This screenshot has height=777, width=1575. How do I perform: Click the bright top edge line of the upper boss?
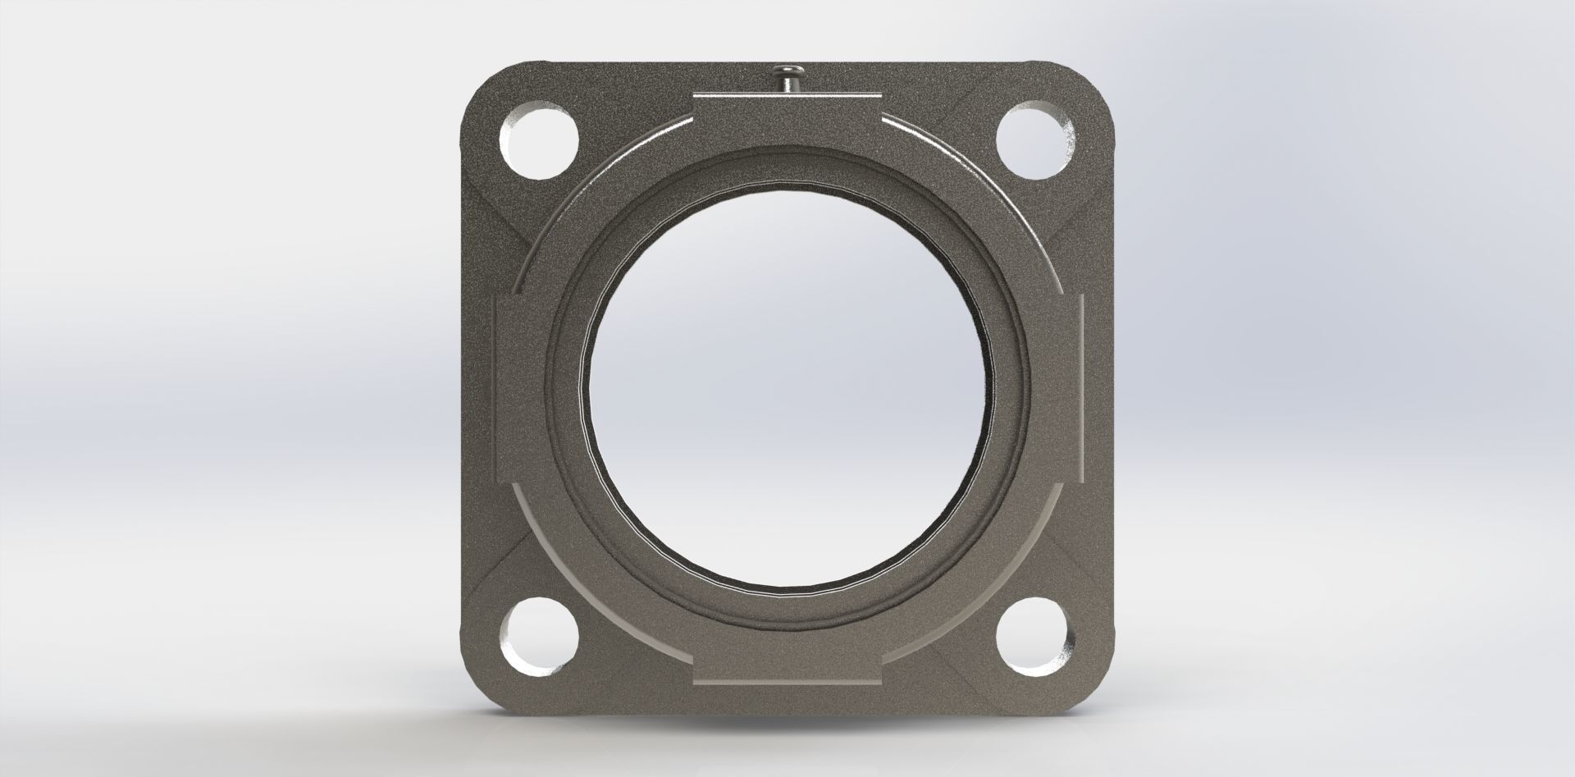point(785,95)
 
